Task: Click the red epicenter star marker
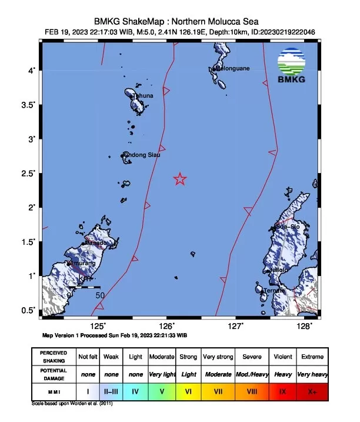click(180, 180)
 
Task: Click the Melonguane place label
click(232, 68)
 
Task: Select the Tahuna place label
click(142, 95)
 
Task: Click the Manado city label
click(95, 242)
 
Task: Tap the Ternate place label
click(274, 290)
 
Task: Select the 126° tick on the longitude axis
click(166, 325)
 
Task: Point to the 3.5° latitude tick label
click(27, 105)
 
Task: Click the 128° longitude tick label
click(304, 325)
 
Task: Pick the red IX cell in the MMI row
click(284, 390)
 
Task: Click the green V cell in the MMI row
click(161, 390)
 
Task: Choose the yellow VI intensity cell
click(188, 390)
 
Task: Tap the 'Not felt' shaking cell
click(88, 357)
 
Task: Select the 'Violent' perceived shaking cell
click(284, 357)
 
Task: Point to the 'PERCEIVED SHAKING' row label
click(54, 357)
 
